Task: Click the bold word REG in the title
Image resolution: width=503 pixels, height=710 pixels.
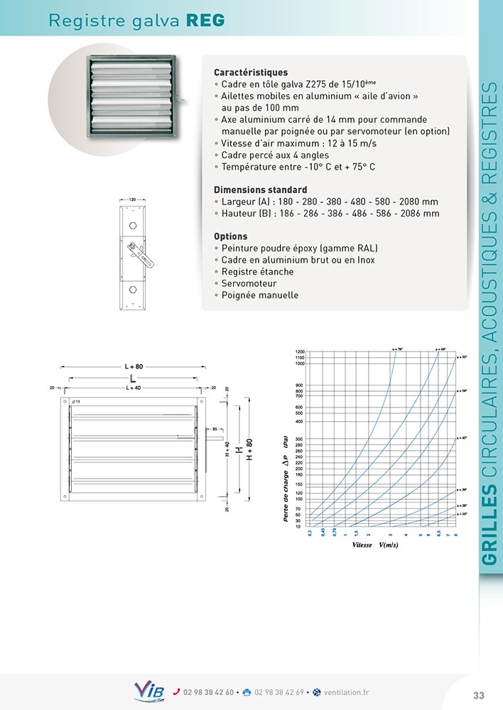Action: [x=205, y=21]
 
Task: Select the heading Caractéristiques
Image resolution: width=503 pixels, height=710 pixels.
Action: [x=251, y=72]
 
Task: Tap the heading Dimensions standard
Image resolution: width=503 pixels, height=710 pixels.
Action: [x=260, y=190]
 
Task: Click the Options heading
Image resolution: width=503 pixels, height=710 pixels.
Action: [x=231, y=236]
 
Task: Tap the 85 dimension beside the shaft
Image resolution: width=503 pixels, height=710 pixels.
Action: [x=214, y=429]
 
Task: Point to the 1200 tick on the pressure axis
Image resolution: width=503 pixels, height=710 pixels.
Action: [x=299, y=352]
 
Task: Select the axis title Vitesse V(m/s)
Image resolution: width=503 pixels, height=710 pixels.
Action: [x=375, y=545]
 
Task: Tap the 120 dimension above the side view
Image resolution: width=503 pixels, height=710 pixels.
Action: [x=133, y=200]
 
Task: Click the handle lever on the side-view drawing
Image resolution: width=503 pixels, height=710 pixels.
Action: [x=141, y=254]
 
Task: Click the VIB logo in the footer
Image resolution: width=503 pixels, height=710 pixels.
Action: [x=149, y=691]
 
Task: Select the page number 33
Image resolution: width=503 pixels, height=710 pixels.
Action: [x=478, y=694]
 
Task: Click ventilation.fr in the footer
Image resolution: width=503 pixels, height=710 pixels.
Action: [x=346, y=692]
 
